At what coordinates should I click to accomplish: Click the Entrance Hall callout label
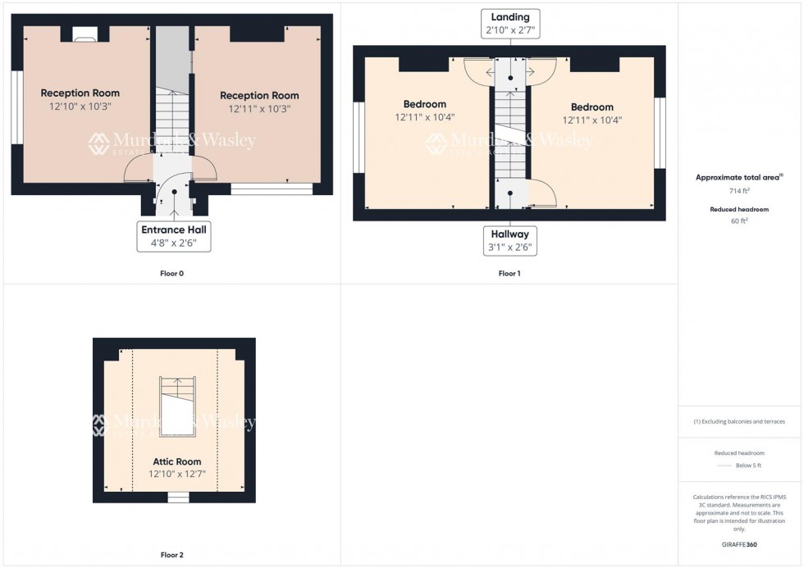173,236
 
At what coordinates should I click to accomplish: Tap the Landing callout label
510,23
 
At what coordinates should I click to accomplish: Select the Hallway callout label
509,240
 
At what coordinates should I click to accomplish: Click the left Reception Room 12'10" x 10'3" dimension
80,107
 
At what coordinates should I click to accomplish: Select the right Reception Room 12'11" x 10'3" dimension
259,108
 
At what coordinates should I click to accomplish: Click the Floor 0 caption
171,274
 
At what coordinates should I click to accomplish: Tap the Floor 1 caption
509,274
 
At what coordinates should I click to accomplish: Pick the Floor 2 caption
171,555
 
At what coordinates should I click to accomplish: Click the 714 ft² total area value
740,191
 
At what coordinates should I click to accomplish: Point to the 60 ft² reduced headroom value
740,220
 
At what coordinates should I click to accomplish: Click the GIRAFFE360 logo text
740,544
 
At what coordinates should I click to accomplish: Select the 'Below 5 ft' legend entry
747,466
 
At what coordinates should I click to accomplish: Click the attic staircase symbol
177,406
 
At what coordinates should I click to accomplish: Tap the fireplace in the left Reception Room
85,34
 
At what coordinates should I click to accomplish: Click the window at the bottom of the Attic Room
177,497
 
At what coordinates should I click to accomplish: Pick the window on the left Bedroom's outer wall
358,138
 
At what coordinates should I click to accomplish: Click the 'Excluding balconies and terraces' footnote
740,421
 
